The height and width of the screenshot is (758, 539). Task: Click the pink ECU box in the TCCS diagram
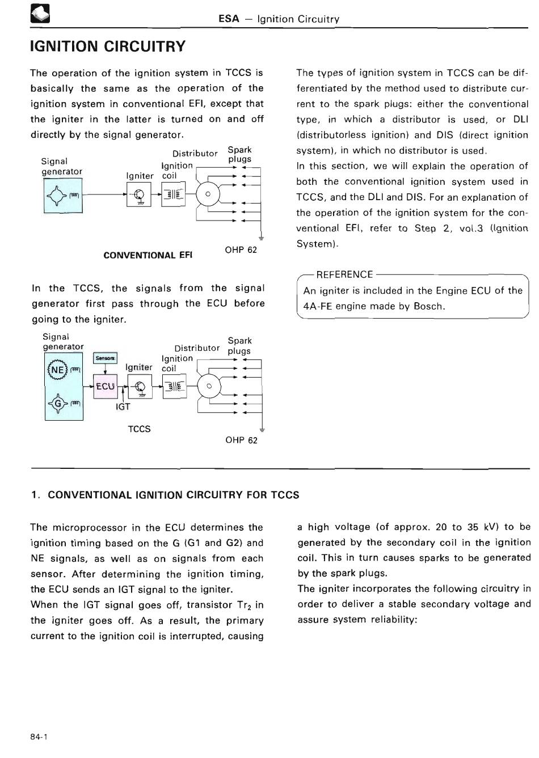105,387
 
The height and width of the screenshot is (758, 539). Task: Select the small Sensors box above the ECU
105,358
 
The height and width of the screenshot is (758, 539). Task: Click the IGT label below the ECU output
123,406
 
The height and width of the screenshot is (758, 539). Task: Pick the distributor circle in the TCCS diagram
209,387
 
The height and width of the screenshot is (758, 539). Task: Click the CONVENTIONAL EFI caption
148,255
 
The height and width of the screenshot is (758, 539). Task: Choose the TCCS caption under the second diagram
139,429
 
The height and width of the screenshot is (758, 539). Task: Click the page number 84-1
39,737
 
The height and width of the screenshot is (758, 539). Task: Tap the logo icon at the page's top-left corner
40,14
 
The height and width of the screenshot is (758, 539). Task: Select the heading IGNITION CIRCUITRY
108,46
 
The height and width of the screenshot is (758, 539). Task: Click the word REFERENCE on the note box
344,274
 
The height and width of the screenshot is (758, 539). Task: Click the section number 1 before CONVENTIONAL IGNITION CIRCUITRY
35,495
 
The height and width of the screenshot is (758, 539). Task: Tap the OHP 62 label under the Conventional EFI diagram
241,250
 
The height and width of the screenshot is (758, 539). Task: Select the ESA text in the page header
229,19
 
